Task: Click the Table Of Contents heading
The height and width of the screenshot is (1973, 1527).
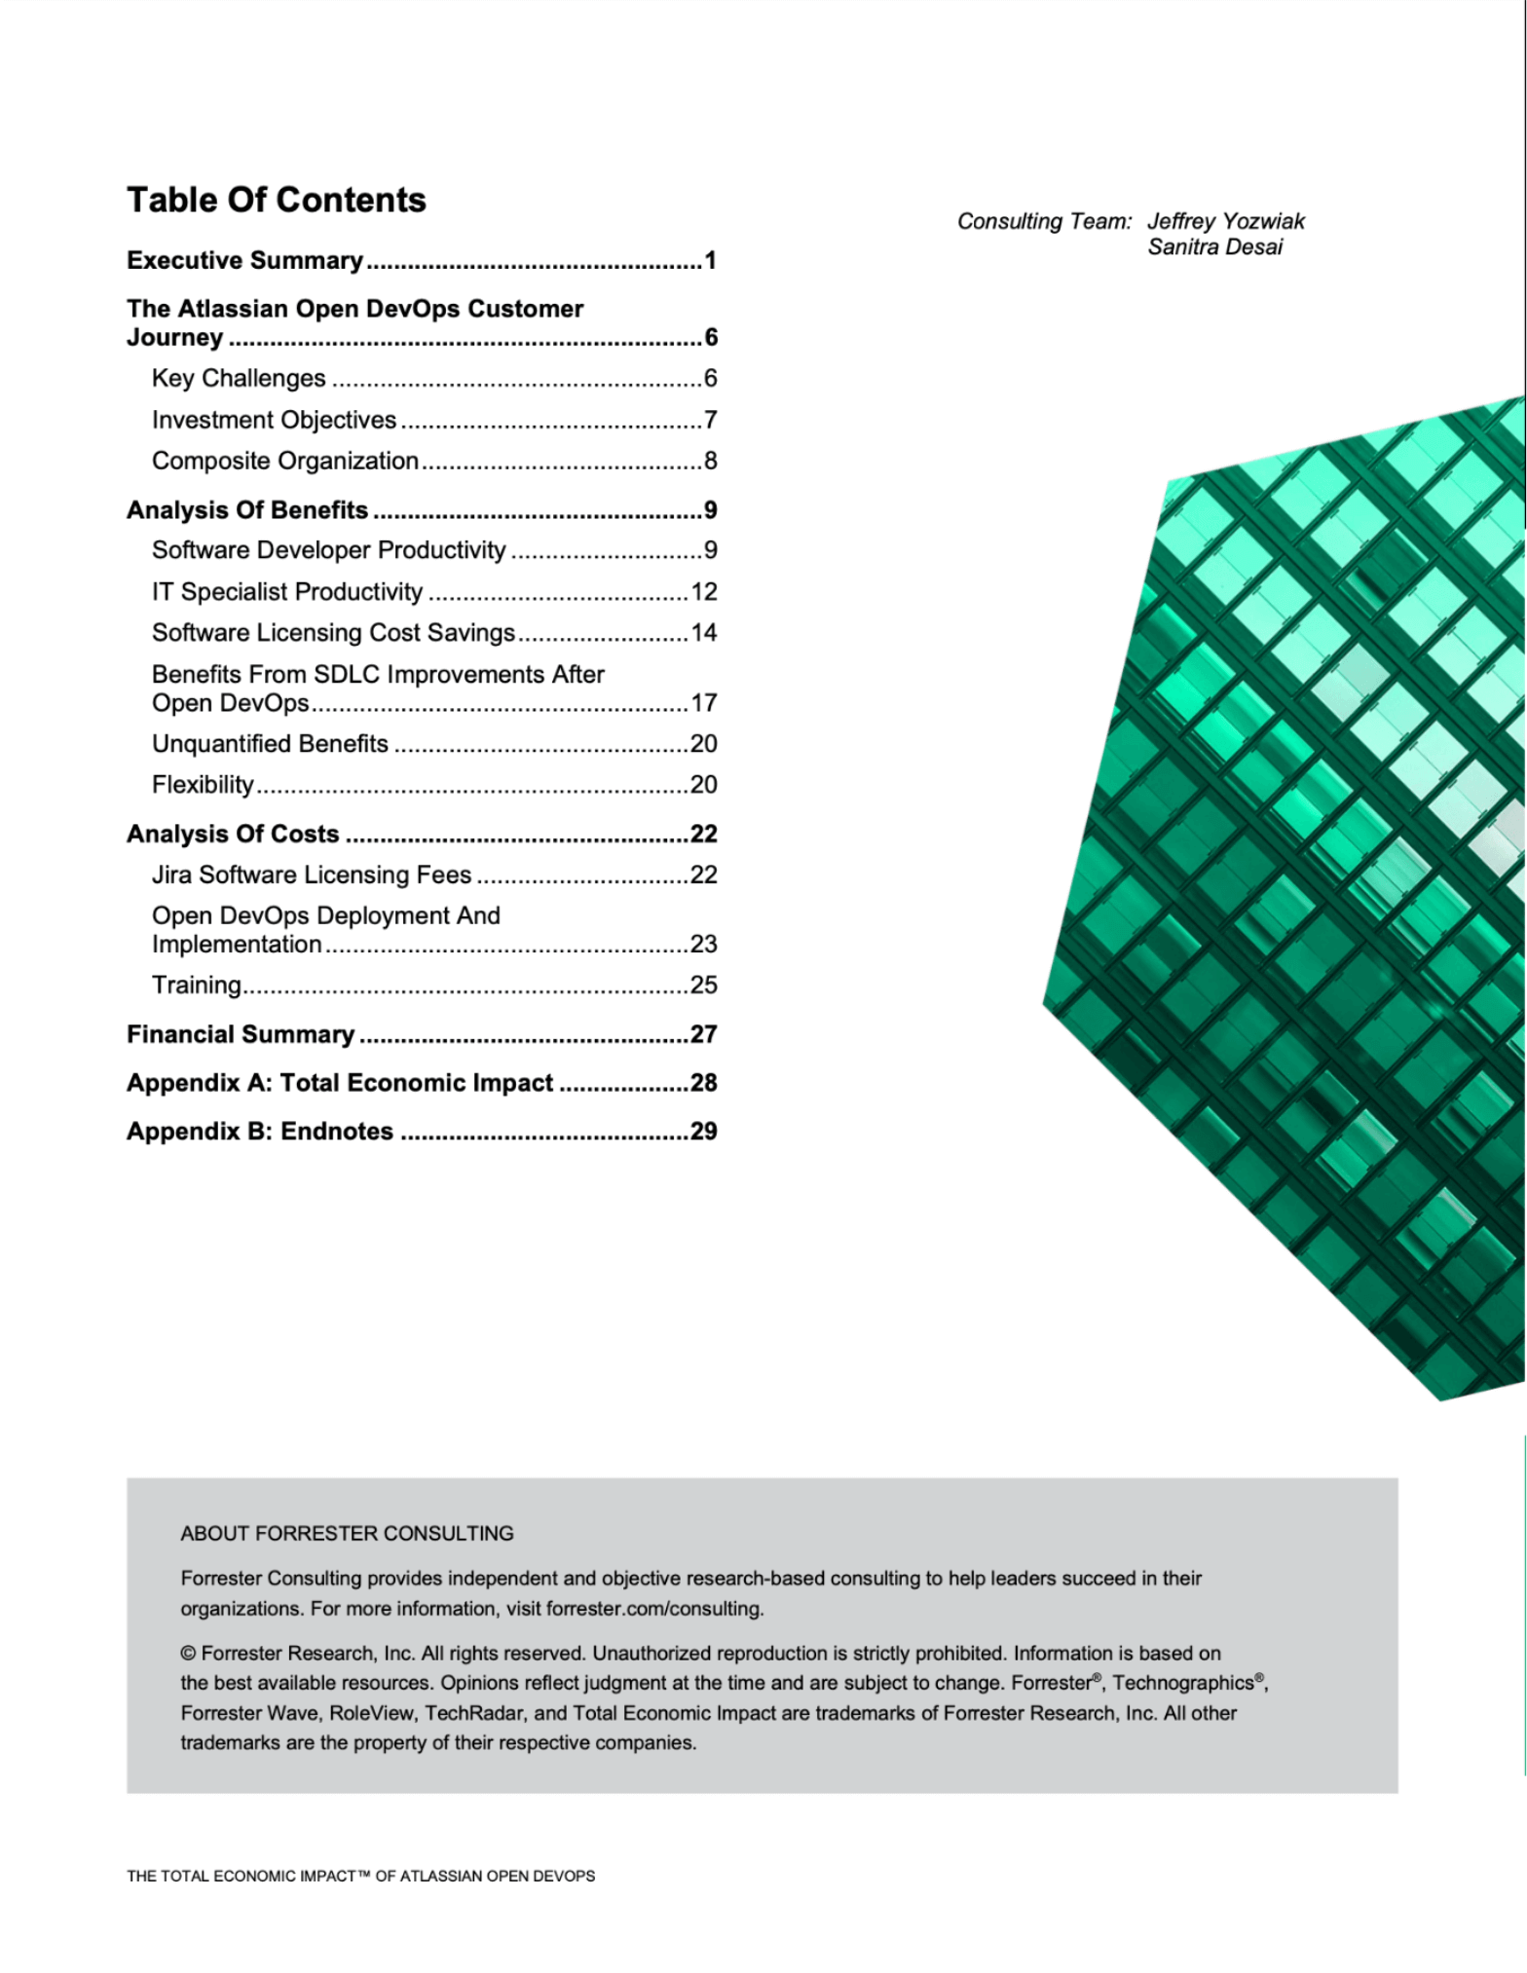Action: pos(277,200)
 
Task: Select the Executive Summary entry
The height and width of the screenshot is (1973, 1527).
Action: pos(244,260)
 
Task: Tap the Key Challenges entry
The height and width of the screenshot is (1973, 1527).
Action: pos(239,378)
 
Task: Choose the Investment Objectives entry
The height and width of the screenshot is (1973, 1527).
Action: pos(274,420)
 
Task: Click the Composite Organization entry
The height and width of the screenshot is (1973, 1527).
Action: pos(284,461)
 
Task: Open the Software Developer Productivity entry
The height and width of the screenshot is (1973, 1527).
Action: pos(328,550)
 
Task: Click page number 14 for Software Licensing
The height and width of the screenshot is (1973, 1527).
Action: pos(703,633)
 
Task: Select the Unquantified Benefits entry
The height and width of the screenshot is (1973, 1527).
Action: pos(270,744)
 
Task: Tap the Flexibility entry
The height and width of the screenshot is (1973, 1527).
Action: pos(203,785)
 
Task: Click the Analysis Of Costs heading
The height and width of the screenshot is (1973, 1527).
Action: pos(233,834)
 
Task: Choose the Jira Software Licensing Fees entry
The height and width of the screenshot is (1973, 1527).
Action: pos(312,875)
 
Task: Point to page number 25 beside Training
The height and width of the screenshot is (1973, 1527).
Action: pos(703,985)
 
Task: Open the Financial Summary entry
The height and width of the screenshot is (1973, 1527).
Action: pos(241,1034)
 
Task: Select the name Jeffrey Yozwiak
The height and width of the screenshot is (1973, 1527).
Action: pos(1225,221)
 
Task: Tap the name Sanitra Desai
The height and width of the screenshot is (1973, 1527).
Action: pos(1214,247)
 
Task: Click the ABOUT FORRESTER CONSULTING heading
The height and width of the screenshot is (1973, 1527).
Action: pos(347,1533)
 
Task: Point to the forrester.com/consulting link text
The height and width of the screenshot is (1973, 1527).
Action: pos(653,1609)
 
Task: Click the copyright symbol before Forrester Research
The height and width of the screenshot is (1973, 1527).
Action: pos(188,1654)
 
